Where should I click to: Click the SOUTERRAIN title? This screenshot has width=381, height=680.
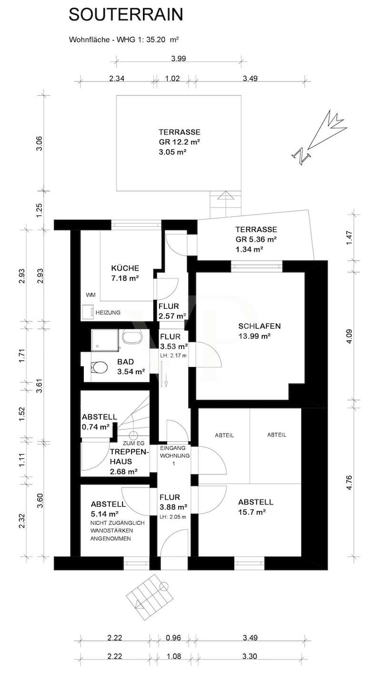coord(126,15)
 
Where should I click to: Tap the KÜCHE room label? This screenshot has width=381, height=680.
coord(125,268)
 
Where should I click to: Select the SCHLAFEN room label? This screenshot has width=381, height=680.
coord(260,326)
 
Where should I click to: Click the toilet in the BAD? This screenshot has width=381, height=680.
coord(100,367)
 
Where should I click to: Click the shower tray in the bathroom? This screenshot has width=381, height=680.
coord(105,341)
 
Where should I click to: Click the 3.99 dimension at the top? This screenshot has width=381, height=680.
coord(179,58)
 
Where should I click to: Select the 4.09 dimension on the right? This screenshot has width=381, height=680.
coord(349,336)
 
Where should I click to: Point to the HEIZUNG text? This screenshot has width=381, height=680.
coord(108,313)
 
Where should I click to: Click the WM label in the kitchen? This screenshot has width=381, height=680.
coord(90,295)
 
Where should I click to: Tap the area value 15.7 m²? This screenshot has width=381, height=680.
coord(252,512)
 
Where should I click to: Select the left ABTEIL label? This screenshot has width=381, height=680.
coord(224,436)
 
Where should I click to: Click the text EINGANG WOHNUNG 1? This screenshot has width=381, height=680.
coord(174,456)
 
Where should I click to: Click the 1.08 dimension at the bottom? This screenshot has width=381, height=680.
coord(174,656)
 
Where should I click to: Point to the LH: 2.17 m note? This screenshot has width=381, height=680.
coord(173,355)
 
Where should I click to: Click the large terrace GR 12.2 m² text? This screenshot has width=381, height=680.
coord(179,142)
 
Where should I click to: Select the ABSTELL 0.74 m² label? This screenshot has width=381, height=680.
coord(99,422)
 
